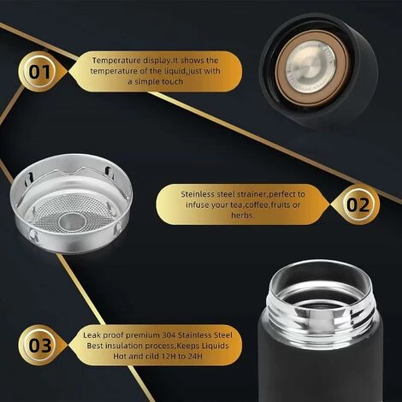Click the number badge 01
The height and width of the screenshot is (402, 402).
(x=40, y=71)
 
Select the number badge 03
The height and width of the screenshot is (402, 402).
(x=40, y=346)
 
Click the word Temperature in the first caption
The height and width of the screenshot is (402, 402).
(x=120, y=60)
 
